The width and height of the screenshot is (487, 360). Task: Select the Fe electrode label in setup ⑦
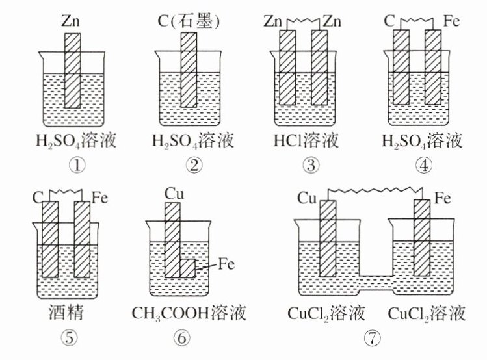(443, 197)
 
